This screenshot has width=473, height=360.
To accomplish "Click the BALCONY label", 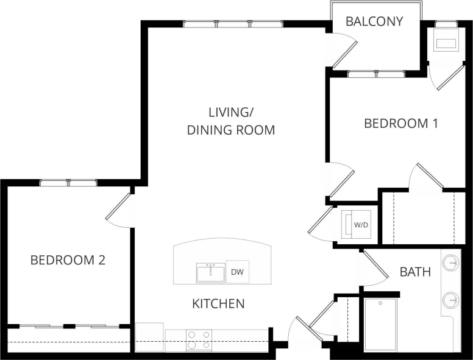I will pyautogui.click(x=374, y=21).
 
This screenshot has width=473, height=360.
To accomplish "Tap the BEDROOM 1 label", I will pyautogui.click(x=400, y=124).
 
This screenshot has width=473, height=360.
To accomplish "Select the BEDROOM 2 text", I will pyautogui.click(x=68, y=260).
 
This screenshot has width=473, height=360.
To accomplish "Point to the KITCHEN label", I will pyautogui.click(x=218, y=303).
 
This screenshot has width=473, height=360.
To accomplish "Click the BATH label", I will pyautogui.click(x=415, y=272).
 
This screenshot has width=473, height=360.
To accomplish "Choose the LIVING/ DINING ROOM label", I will pyautogui.click(x=230, y=121).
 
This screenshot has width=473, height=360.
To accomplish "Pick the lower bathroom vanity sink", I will pyautogui.click(x=450, y=300).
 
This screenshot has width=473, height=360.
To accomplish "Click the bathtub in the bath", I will pyautogui.click(x=381, y=324).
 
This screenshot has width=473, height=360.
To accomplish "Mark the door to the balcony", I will pyautogui.click(x=343, y=51).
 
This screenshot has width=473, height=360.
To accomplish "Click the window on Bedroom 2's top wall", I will pyautogui.click(x=68, y=182).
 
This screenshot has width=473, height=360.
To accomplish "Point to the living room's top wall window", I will pyautogui.click(x=233, y=24).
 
